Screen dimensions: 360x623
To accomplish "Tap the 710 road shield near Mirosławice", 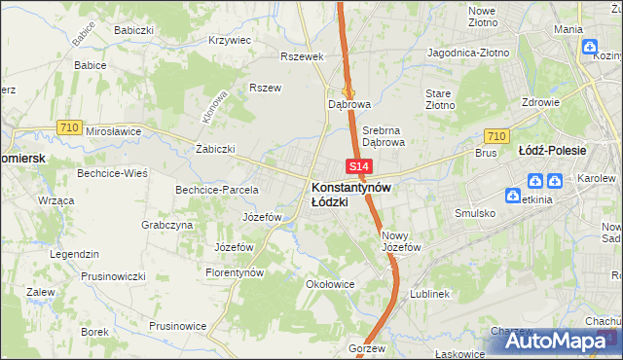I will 68,126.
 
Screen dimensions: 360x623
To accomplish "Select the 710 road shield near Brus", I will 496,136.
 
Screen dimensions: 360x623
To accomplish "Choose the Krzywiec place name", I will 230,41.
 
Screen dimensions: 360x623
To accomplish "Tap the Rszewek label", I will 301,56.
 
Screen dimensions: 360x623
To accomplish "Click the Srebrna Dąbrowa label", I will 383,135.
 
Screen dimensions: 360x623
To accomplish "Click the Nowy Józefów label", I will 401,240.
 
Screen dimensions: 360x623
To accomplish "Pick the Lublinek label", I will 429,293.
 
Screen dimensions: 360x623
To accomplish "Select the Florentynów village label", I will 235,273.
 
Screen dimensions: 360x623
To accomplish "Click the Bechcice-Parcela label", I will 216,189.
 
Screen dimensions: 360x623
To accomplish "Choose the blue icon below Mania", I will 590,46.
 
